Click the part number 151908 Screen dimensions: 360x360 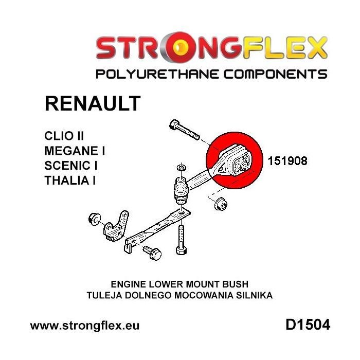click(287, 161)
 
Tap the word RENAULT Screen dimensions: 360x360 click(93, 103)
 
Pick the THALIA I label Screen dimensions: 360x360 click(71, 181)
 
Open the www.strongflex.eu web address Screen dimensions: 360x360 click(85, 326)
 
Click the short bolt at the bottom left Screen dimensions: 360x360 click(152, 254)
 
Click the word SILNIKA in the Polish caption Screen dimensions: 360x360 click(254, 295)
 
